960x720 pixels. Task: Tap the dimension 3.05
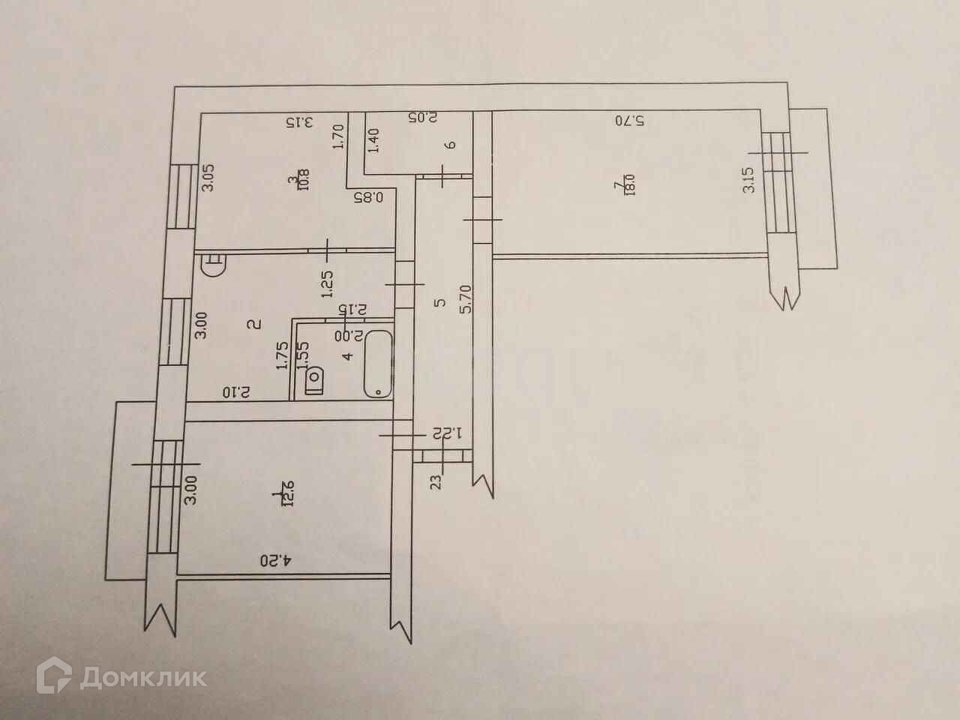click(x=211, y=178)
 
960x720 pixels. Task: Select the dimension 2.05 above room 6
click(x=422, y=118)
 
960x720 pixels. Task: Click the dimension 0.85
click(x=368, y=198)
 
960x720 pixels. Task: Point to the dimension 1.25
click(x=327, y=284)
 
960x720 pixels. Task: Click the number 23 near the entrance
click(x=438, y=480)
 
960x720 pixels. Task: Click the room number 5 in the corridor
click(x=440, y=302)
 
